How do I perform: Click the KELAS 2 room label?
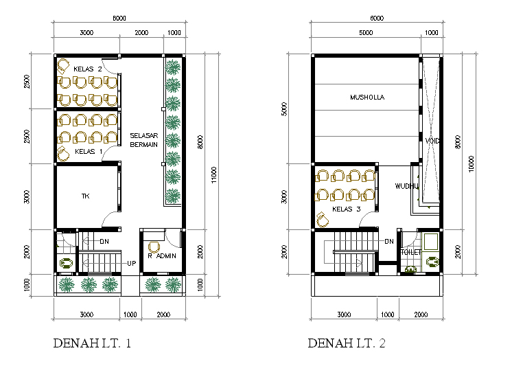[x=88, y=69]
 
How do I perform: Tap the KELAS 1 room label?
[x=89, y=151]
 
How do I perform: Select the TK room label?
[x=85, y=196]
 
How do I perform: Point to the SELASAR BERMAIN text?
[x=143, y=140]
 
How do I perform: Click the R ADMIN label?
[x=162, y=256]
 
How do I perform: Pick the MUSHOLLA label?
[x=367, y=97]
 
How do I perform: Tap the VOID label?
[x=432, y=141]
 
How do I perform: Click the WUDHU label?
[x=406, y=186]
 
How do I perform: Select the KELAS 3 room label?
[x=346, y=209]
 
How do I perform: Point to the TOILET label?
[x=411, y=252]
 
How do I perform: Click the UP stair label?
[x=132, y=263]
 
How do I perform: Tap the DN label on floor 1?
[x=104, y=242]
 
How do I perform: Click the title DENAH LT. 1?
[x=92, y=343]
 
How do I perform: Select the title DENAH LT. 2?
[x=346, y=343]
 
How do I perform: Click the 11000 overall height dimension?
[x=214, y=175]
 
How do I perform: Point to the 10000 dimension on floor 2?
[x=472, y=164]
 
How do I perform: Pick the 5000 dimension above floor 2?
[x=366, y=33]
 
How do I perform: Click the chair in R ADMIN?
[x=154, y=247]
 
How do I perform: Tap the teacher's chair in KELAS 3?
[x=323, y=219]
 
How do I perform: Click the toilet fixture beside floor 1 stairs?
[x=66, y=263]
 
